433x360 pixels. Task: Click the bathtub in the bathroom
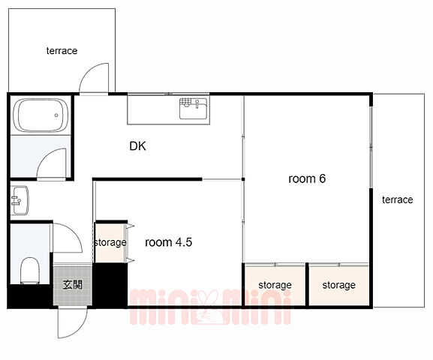pyautogui.click(x=41, y=115)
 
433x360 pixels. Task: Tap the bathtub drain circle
pyautogui.click(x=56, y=115)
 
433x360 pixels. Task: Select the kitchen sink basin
pyautogui.click(x=194, y=109)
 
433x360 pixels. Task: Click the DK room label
pyautogui.click(x=137, y=146)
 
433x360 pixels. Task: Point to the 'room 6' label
pyautogui.click(x=307, y=178)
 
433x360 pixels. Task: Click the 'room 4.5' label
pyautogui.click(x=168, y=242)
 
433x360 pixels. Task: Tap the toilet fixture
pyautogui.click(x=30, y=271)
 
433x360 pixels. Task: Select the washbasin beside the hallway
pyautogui.click(x=20, y=200)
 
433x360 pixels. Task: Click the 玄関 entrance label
pyautogui.click(x=72, y=284)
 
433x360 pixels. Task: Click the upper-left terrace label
pyautogui.click(x=62, y=51)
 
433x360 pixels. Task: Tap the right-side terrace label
pyautogui.click(x=398, y=199)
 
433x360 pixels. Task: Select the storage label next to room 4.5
pyautogui.click(x=110, y=242)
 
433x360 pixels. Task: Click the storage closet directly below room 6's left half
pyautogui.click(x=275, y=285)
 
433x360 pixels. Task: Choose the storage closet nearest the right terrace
pyautogui.click(x=339, y=285)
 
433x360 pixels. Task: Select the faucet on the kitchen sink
pyautogui.click(x=197, y=104)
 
